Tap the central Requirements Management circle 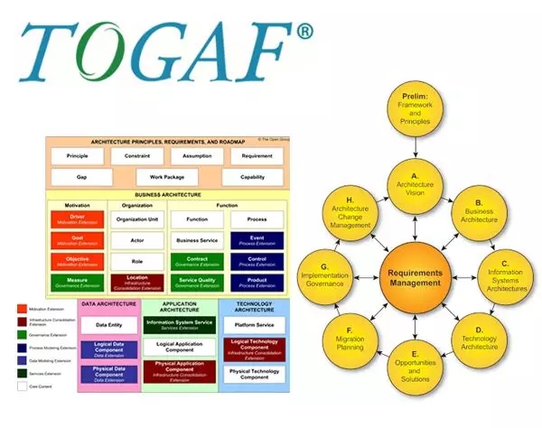click(x=417, y=276)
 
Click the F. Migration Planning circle click(x=354, y=339)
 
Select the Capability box click(x=252, y=177)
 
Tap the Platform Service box click(x=255, y=324)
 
